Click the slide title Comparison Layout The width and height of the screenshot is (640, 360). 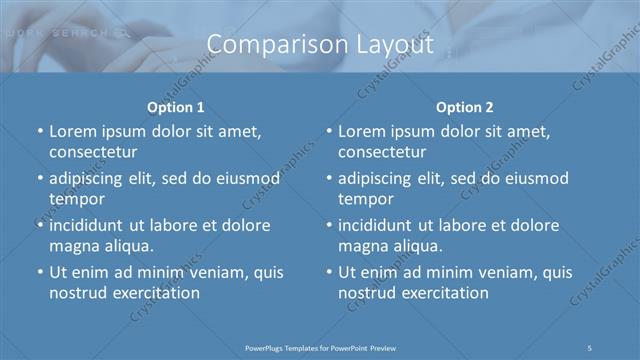320,45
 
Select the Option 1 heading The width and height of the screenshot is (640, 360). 176,107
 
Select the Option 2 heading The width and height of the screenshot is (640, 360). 465,107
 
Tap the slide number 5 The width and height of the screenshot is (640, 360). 590,347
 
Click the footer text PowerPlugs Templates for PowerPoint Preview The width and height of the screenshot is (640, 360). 320,347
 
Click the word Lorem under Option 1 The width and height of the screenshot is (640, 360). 72,131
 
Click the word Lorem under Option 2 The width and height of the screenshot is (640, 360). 361,131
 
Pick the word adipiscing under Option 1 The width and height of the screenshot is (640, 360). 89,179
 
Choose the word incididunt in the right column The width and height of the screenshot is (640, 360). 380,225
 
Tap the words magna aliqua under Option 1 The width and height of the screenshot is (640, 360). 101,246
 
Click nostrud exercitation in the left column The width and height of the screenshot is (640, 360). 124,293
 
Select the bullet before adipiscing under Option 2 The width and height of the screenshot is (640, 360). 329,180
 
